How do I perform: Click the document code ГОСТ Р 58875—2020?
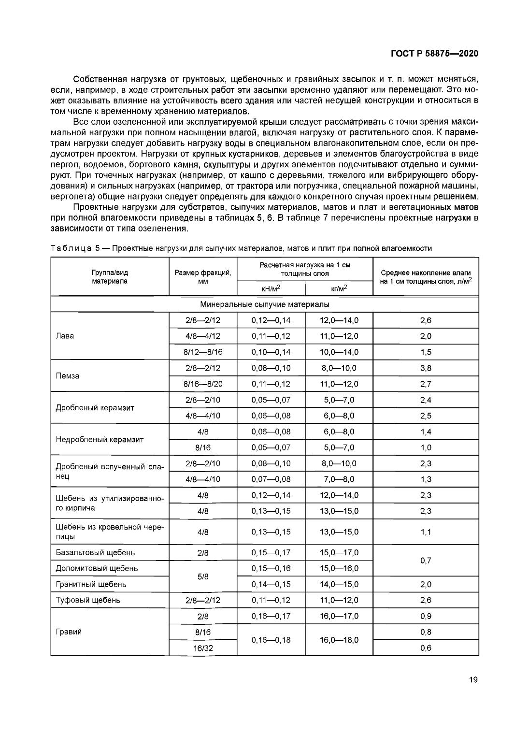pos(434,54)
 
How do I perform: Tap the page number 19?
pos(473,680)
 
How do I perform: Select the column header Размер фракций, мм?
pos(203,277)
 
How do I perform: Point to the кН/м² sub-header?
pos(271,288)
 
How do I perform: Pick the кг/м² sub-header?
pos(339,288)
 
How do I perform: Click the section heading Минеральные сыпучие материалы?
pos(264,305)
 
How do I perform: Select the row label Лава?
pos(65,336)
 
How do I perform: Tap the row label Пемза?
pos(68,376)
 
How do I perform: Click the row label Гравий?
pos(69,632)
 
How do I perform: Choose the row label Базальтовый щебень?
pos(95,552)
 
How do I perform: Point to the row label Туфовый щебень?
pos(88,600)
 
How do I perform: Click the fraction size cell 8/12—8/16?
pos(203,352)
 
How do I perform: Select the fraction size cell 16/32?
pos(203,647)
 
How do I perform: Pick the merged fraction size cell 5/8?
pos(203,576)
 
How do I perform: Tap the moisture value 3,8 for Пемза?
pos(426,368)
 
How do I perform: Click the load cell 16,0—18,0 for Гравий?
pos(339,640)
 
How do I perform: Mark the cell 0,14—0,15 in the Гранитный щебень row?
pos(271,584)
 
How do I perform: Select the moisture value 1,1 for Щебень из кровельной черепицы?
pos(426,532)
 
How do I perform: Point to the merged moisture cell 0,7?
pos(426,561)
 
